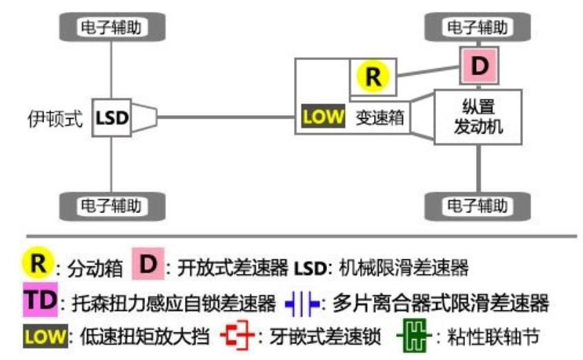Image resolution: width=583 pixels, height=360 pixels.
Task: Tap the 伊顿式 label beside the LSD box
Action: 54,118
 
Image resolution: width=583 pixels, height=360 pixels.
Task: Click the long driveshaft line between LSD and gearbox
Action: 228,118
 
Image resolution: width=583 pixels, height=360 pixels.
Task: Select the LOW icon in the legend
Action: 43,337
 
